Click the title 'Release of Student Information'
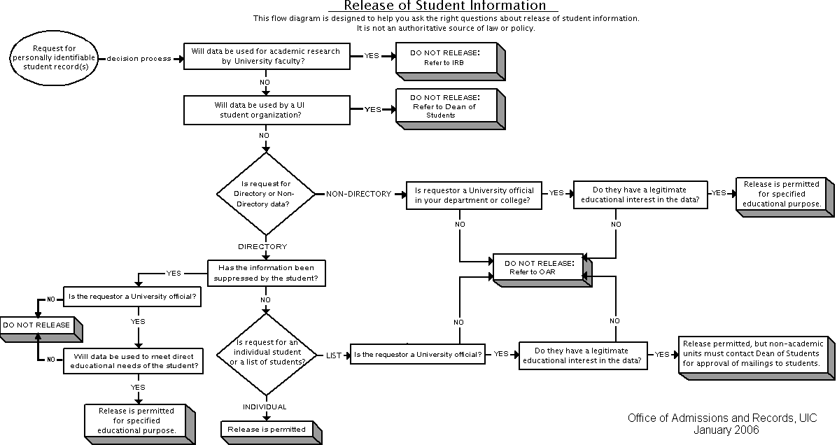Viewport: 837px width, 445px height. tap(444, 6)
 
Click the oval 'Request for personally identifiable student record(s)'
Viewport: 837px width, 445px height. tap(54, 57)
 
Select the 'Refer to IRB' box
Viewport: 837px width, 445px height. tap(450, 61)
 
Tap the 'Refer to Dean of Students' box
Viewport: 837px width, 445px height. tap(450, 108)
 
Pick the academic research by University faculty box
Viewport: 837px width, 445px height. tap(267, 56)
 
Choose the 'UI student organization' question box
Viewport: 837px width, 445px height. tap(267, 110)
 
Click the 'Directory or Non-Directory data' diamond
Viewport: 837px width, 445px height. tap(266, 194)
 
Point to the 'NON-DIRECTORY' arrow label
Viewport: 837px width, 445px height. tap(359, 194)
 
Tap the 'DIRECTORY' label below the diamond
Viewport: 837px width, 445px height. tap(262, 246)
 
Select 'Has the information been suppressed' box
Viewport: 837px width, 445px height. tap(267, 273)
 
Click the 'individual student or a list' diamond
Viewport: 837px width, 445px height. tap(266, 354)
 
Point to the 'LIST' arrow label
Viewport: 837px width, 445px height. tap(334, 355)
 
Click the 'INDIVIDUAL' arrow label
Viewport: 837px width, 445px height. tap(265, 407)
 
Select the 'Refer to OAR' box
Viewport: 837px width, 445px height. tap(542, 269)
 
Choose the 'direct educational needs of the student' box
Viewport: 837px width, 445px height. tap(134, 361)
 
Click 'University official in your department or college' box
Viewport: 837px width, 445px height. tap(474, 195)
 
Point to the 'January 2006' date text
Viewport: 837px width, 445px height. tap(726, 430)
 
